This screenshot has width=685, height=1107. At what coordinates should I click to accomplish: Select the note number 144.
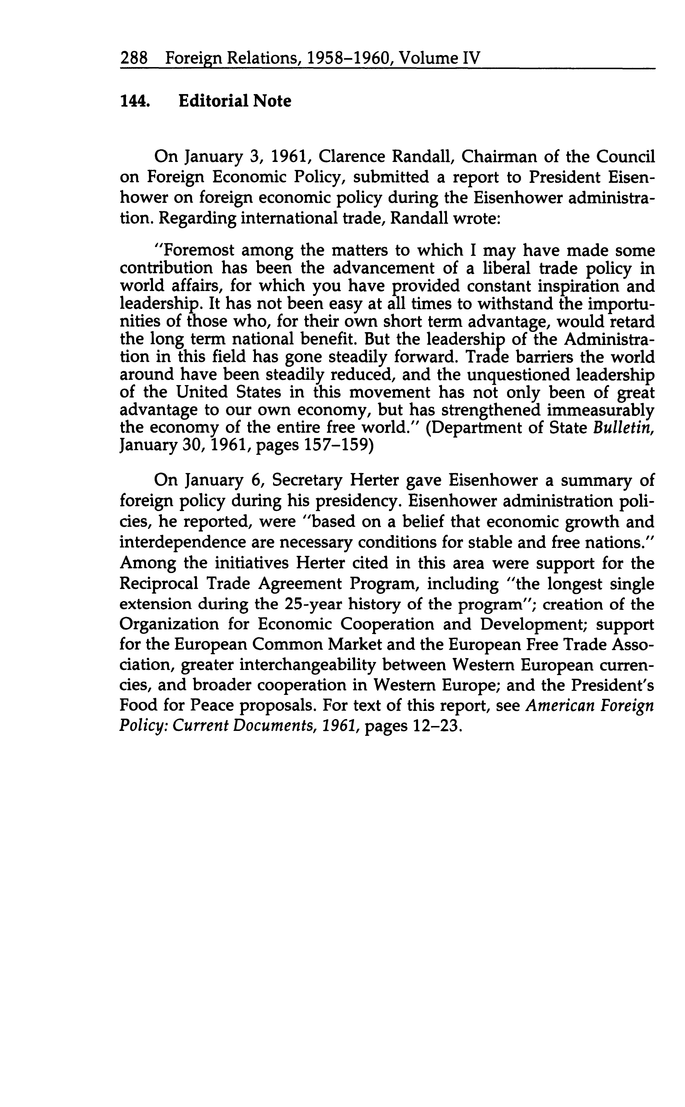click(x=135, y=101)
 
